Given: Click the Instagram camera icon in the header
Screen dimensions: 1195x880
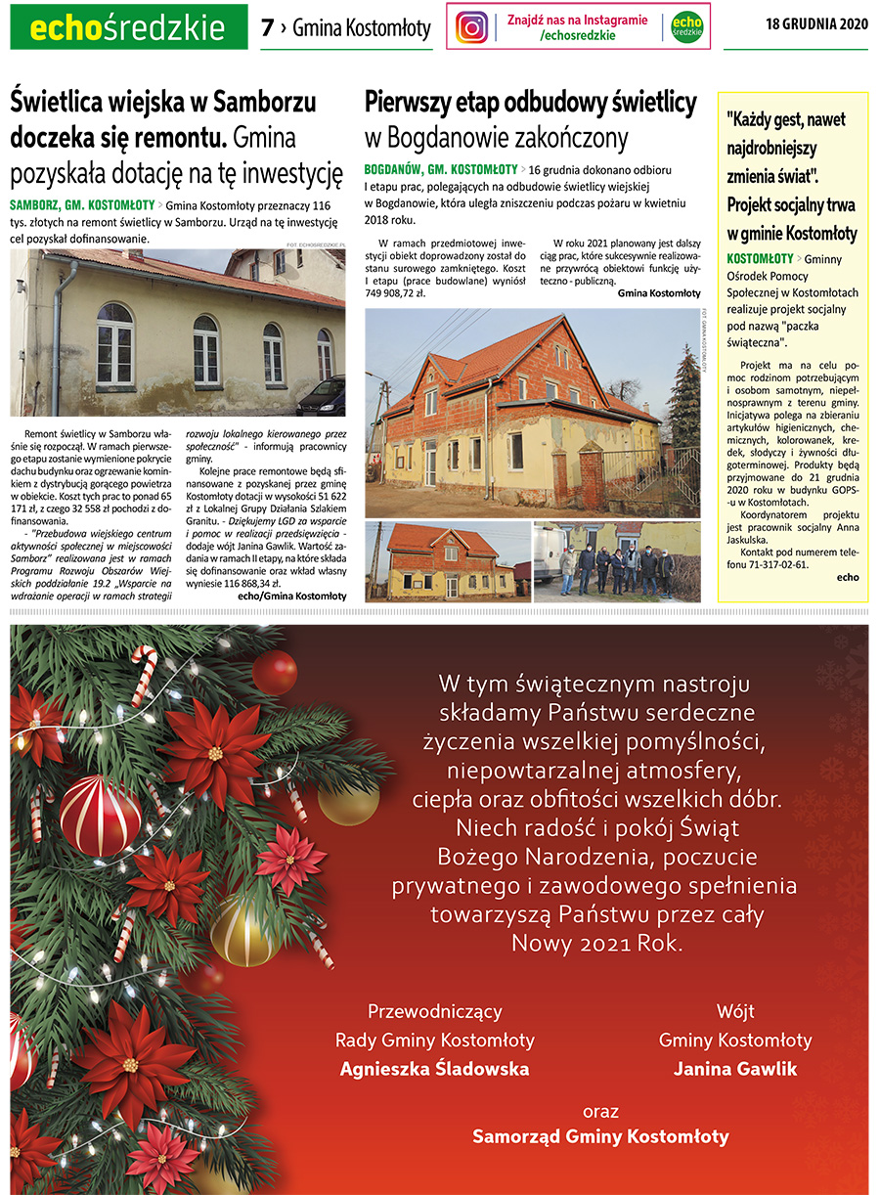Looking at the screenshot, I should pos(471,26).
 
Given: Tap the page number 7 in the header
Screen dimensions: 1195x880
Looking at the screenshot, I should pos(267,28).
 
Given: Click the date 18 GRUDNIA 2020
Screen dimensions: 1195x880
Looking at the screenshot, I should pos(816,23).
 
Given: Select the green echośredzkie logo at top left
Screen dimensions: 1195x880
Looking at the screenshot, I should pos(128,28).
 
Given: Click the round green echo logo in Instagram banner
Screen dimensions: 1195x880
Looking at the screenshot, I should pos(687,26).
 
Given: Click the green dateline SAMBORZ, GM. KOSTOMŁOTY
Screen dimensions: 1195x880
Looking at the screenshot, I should pos(82,205).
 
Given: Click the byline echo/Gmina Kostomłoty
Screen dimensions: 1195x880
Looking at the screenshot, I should pos(291,595).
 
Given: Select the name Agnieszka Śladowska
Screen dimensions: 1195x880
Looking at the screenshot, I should pos(434,1069).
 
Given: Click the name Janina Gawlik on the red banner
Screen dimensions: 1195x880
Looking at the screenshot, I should pos(735,1069).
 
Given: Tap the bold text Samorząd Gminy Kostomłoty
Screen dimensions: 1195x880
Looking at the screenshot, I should pos(600,1136).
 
